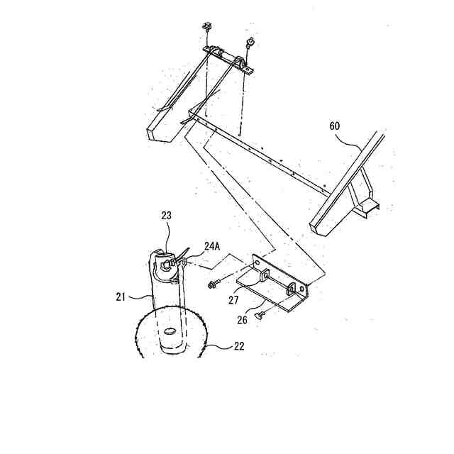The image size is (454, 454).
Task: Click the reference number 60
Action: coord(336,126)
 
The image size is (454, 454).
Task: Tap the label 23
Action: coord(167,215)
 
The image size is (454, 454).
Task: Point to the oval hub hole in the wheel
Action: coord(170,331)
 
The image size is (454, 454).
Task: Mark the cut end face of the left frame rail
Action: coord(158,134)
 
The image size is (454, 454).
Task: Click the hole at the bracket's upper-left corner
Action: coord(256,264)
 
